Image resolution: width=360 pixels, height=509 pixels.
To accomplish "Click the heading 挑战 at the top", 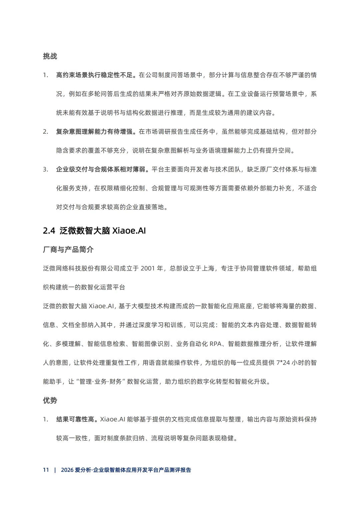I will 50,56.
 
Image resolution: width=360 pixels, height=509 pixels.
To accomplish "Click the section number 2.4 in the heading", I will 49,231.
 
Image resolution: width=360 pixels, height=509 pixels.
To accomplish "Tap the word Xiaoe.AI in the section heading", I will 129,231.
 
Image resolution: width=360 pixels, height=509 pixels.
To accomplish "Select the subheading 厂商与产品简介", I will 68,250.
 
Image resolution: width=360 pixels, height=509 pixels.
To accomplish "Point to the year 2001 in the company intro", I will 148,268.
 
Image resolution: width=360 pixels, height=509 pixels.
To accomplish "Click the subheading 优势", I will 50,400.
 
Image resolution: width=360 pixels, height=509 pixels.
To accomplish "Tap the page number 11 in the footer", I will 46,470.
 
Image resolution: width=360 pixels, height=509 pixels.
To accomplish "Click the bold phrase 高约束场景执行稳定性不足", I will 94,75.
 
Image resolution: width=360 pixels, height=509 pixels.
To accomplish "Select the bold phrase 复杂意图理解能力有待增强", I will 94,132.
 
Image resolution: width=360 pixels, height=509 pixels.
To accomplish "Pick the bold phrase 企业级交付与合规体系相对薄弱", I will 100,169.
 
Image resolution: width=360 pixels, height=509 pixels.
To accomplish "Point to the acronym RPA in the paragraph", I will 216,344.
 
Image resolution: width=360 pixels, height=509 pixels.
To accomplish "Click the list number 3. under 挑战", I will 46,169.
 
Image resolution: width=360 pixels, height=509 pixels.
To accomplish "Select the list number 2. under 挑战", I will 46,132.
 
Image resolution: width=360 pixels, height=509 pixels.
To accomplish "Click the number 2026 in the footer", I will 67,470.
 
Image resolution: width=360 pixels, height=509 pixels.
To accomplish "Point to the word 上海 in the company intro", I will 208,268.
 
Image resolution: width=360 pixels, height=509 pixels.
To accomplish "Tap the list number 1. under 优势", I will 46,419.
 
